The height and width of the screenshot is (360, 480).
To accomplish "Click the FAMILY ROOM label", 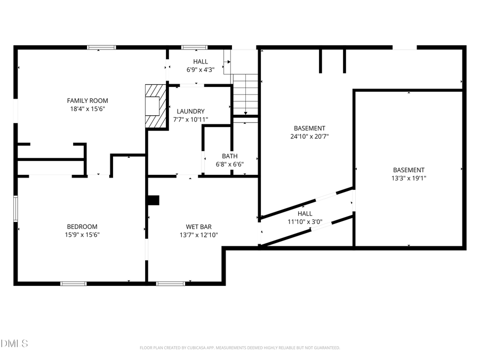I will point(87,100).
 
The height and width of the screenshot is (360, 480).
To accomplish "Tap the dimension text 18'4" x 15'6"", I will point(87,109).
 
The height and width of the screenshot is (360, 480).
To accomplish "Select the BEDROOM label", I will point(82,226).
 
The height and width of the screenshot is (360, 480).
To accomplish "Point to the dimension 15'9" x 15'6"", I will point(82,235).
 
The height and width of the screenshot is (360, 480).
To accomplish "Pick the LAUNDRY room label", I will point(190,111).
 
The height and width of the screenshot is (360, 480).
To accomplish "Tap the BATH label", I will point(230,156).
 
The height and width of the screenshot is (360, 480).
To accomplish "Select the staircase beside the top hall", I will point(245,94).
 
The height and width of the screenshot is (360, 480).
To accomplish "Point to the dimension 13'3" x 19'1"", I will point(409,179).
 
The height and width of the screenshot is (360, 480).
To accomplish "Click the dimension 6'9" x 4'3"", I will point(201,70).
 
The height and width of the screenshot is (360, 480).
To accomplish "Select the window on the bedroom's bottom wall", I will point(74,283).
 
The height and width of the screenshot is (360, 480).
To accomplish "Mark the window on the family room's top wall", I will point(101,47).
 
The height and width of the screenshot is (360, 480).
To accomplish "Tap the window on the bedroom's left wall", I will point(16,209).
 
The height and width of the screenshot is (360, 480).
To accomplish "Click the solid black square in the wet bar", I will point(154,200).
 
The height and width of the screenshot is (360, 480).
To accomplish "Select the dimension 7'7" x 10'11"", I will point(190,119).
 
